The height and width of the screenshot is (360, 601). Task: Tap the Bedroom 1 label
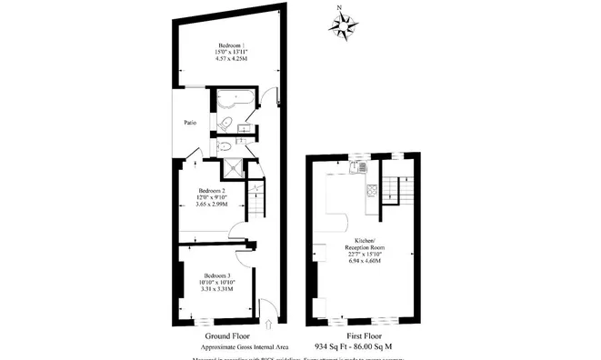click(x=232, y=46)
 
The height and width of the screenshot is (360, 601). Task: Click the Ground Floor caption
click(x=224, y=336)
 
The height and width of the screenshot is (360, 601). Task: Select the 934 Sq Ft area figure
click(x=334, y=347)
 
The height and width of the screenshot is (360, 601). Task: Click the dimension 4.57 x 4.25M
click(x=232, y=59)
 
